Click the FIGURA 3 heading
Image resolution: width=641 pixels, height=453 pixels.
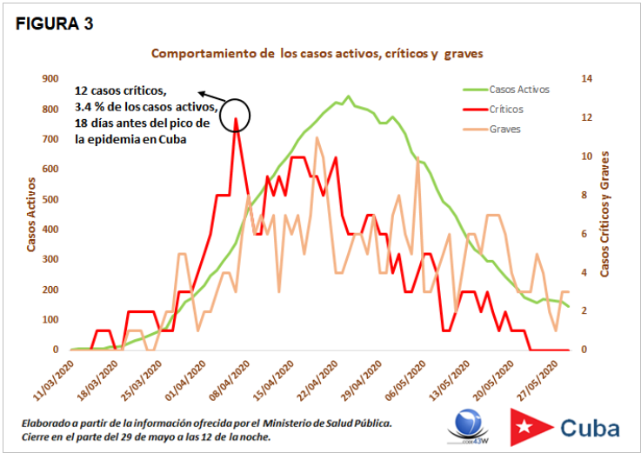coord(54,23)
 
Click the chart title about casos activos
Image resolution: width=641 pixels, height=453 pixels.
coord(317,54)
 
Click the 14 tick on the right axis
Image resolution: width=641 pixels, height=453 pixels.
coord(586,79)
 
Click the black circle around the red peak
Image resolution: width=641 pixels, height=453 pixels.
coord(235,114)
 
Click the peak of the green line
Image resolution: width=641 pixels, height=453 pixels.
coord(349,97)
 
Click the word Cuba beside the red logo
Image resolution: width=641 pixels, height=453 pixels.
coord(590,427)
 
